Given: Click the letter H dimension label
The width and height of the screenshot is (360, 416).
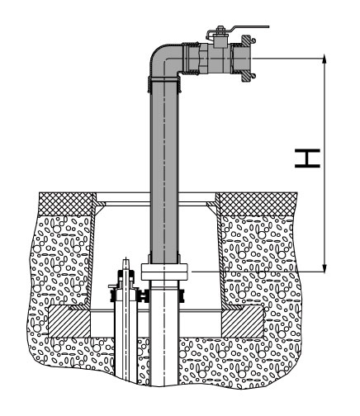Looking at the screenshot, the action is coord(307,158).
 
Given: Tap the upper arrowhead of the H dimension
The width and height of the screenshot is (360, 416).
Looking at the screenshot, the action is coord(325,59).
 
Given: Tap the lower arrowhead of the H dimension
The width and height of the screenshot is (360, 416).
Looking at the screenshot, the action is coord(325,267).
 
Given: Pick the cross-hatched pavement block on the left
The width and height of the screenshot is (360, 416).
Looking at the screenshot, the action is coord(66,204).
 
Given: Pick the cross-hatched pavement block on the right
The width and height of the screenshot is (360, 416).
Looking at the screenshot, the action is coord(257,204).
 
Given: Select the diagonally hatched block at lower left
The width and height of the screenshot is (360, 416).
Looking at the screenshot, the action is coord(69,322).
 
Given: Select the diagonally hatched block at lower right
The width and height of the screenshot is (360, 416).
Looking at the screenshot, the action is coord(243,322).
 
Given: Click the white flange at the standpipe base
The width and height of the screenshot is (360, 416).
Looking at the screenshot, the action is coord(164,272).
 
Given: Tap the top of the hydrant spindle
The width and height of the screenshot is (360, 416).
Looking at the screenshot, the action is coord(126,259).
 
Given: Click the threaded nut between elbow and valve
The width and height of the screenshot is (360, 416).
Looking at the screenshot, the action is coord(191,59).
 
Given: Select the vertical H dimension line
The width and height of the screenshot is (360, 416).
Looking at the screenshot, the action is coord(325,163).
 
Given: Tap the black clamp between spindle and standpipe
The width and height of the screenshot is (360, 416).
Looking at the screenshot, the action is coord(144,296).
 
